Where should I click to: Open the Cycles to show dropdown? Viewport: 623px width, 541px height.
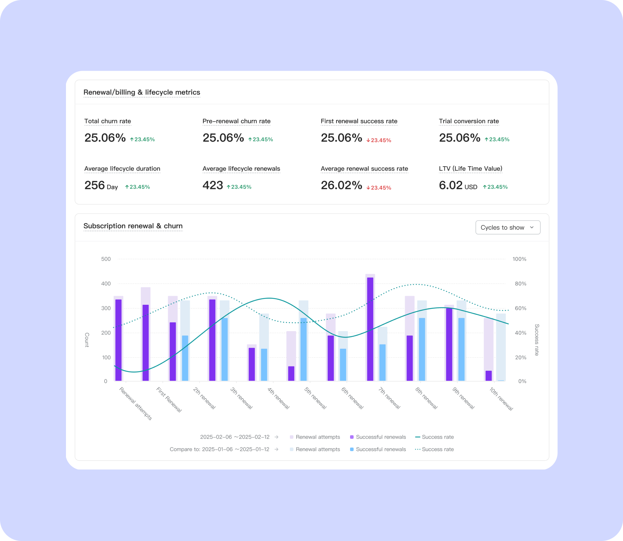[x=508, y=228]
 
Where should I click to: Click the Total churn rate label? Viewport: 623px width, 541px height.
[x=107, y=121]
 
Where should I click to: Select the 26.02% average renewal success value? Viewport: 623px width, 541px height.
[x=341, y=185]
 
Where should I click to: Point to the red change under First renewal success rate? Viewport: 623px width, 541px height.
[x=379, y=140]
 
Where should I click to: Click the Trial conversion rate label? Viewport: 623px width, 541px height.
[x=469, y=121]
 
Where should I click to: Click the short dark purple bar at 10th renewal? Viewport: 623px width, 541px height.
[x=489, y=375]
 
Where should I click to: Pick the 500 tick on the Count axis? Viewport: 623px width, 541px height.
[x=106, y=259]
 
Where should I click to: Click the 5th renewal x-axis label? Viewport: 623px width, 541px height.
[x=315, y=398]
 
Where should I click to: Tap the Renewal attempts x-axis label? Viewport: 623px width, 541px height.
[x=136, y=403]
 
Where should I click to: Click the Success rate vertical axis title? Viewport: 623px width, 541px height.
[x=536, y=340]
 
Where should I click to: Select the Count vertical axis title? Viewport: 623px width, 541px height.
[x=87, y=340]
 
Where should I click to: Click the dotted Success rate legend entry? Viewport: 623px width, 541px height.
[x=434, y=449]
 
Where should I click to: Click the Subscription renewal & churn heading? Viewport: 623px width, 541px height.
[x=133, y=226]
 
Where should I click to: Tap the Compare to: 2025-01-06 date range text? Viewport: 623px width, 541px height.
[x=220, y=449]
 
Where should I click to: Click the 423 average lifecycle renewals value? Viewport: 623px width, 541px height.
[x=213, y=185]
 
